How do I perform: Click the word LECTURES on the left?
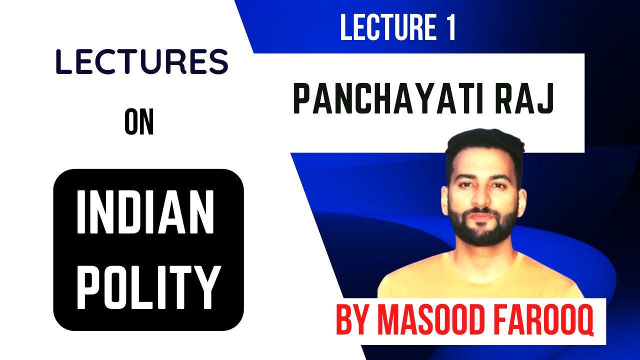pos(142,63)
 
